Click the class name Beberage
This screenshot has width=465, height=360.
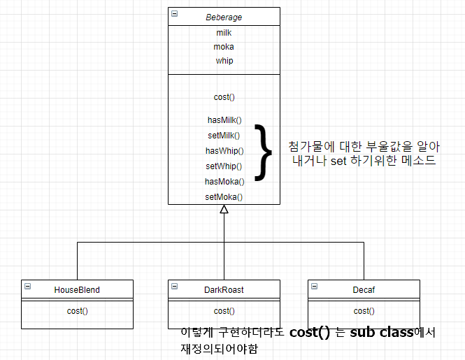(x=224, y=16)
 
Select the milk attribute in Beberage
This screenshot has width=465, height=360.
(x=224, y=33)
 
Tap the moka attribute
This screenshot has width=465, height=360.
(x=224, y=47)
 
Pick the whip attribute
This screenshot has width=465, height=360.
(x=224, y=61)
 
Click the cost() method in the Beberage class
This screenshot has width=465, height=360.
(x=224, y=97)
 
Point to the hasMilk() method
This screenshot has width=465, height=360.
(x=224, y=120)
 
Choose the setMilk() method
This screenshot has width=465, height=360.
(x=224, y=136)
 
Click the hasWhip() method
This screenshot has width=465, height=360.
(x=224, y=151)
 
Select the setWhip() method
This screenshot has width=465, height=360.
(x=224, y=166)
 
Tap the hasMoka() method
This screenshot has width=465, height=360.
(x=224, y=182)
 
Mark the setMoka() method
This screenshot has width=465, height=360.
(x=224, y=197)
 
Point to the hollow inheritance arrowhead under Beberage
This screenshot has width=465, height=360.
(x=224, y=209)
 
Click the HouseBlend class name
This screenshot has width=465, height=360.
(x=77, y=289)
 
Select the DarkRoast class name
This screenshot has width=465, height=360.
(x=224, y=289)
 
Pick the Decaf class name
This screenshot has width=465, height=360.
(x=364, y=289)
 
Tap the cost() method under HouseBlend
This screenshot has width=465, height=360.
(x=77, y=311)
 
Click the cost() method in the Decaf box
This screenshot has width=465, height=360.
(x=364, y=311)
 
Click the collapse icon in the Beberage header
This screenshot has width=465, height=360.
(x=174, y=14)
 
